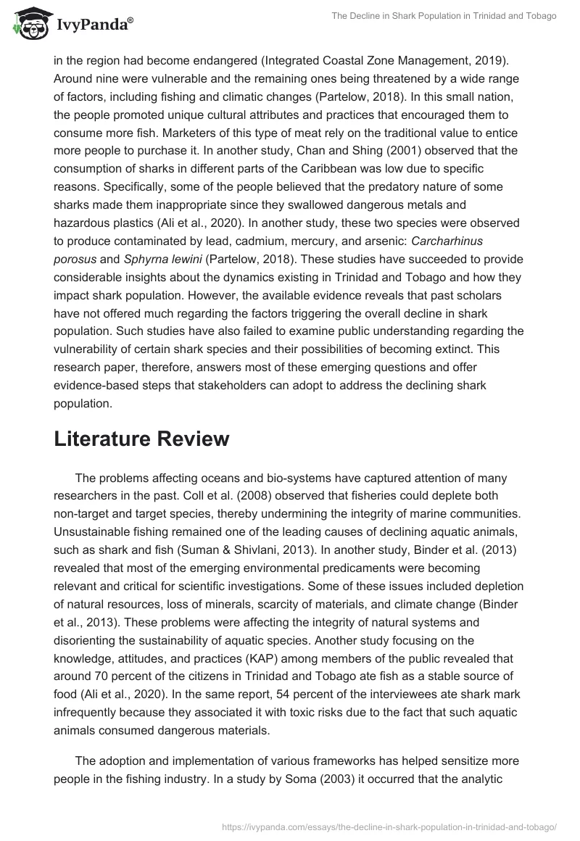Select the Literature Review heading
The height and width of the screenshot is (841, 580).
click(141, 439)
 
